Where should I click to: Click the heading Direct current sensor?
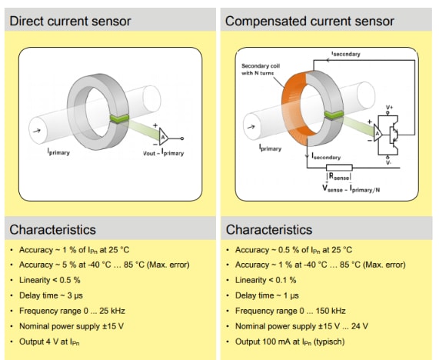click(70, 21)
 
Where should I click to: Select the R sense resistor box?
click(339, 167)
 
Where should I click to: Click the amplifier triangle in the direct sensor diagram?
click(163, 135)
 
